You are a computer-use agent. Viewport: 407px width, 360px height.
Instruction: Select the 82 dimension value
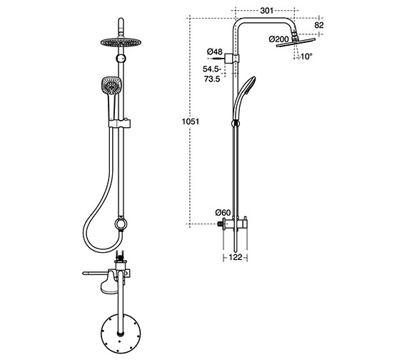coord(318,25)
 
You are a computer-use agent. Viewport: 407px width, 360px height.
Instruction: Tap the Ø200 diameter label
coord(278,39)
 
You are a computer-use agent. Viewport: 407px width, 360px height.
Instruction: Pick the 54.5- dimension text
coord(211,69)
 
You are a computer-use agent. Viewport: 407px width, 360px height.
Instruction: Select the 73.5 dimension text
coord(211,80)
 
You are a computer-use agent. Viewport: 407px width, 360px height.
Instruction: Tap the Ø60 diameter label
coord(223,212)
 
